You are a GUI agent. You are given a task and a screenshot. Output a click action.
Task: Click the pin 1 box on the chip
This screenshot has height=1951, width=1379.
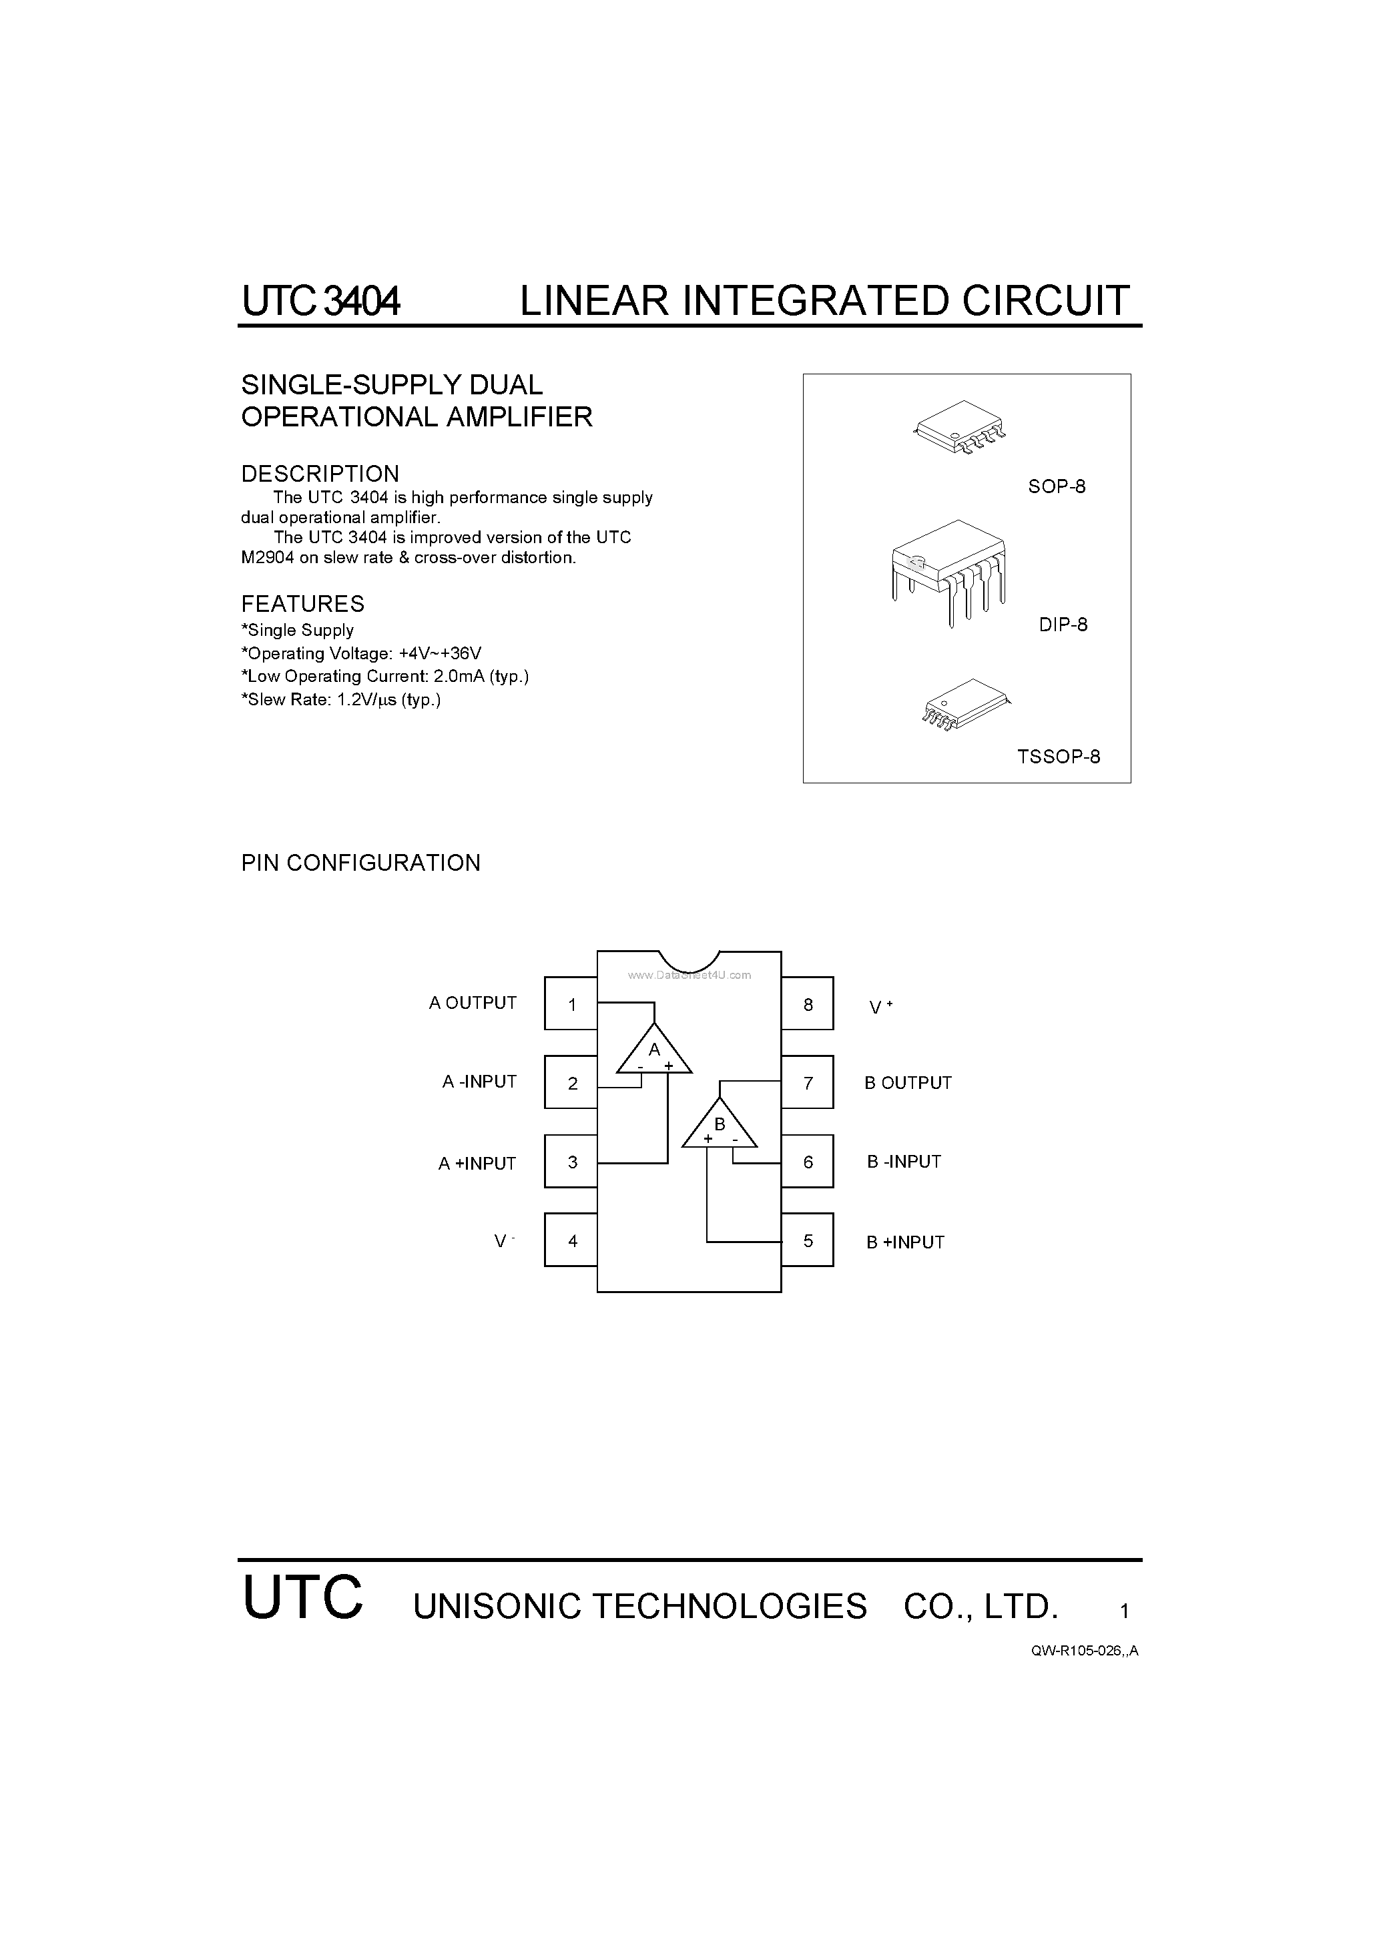pos(571,1004)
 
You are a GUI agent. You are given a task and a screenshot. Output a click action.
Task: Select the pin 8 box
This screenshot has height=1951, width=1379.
pos(807,1004)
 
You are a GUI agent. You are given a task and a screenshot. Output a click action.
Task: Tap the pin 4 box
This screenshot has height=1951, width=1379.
pos(571,1240)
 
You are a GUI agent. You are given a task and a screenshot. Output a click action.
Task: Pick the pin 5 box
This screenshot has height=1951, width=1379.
pos(807,1240)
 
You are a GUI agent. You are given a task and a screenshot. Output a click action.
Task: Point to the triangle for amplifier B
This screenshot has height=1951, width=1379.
pos(720,1126)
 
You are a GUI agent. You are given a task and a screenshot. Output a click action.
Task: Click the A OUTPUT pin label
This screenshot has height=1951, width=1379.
pos(473,1003)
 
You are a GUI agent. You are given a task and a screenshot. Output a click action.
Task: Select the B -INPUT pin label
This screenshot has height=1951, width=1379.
pos(904,1162)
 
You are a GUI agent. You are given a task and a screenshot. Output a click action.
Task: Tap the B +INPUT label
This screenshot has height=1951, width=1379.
pos(906,1242)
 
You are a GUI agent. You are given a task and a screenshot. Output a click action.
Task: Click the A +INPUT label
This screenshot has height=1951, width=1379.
pos(477,1163)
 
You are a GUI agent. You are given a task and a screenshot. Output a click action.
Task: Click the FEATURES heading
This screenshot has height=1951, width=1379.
pos(302,603)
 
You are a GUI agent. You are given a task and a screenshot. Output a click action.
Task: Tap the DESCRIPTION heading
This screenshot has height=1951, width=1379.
pos(320,473)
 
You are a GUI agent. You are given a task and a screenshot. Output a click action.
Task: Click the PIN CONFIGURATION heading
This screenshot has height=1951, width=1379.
pos(360,863)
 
